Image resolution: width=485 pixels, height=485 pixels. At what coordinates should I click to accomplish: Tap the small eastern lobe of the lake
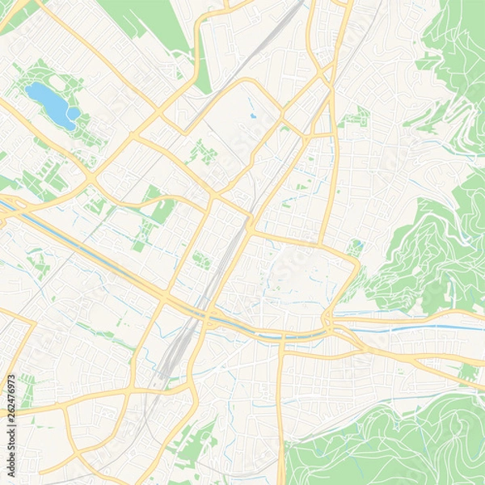[74, 114]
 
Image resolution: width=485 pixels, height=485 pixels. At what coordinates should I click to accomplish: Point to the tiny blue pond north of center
[252, 116]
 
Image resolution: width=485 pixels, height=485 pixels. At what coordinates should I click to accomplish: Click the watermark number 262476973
[11, 402]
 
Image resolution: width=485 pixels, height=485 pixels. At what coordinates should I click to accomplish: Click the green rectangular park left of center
[162, 212]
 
